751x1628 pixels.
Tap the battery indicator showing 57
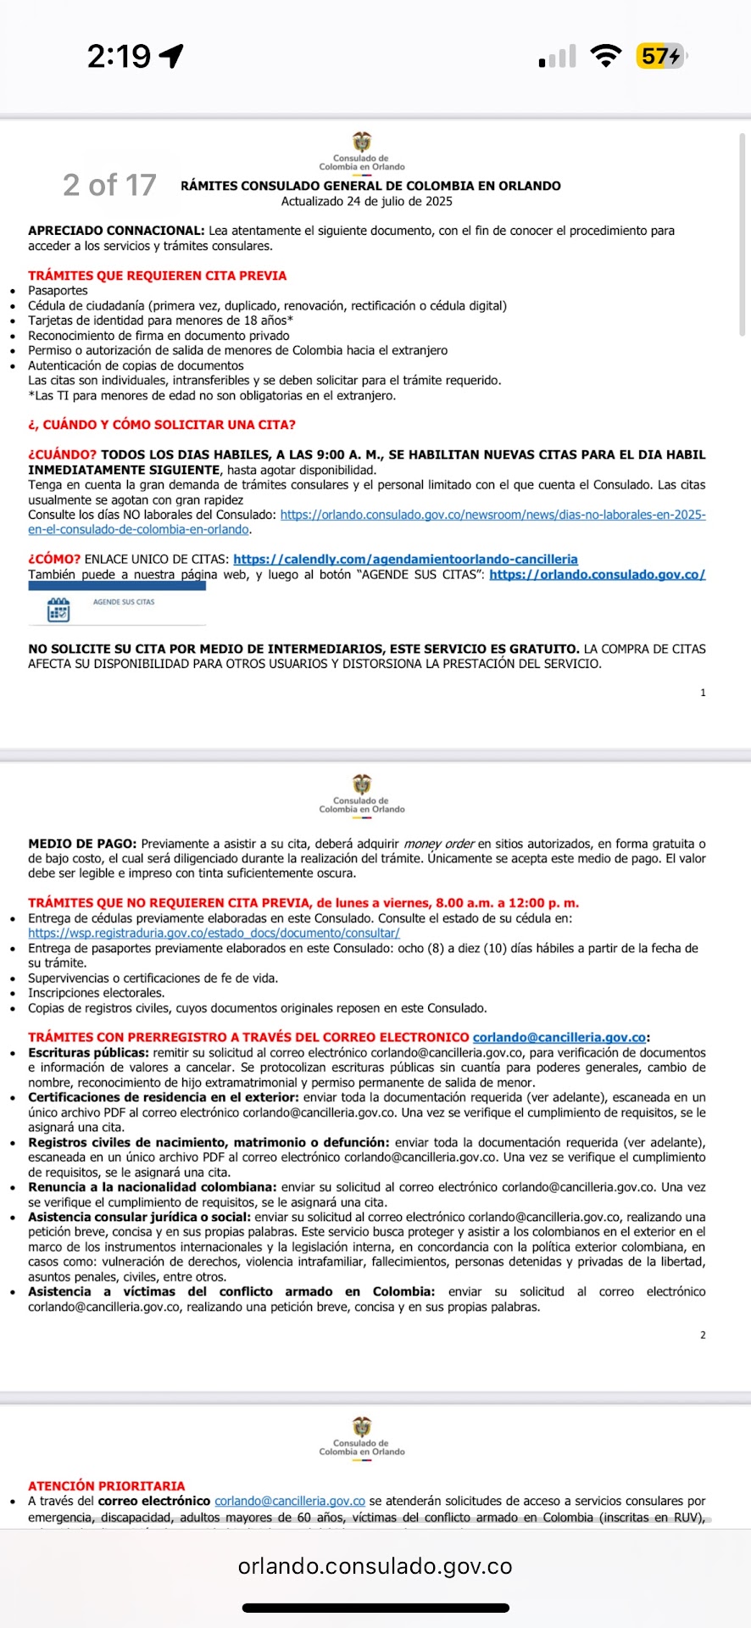pyautogui.click(x=660, y=57)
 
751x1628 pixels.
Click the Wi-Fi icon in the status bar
pyautogui.click(x=605, y=57)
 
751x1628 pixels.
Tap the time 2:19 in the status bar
pyautogui.click(x=119, y=57)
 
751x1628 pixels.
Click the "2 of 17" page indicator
pyautogui.click(x=109, y=185)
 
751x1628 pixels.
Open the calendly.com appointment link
pyautogui.click(x=405, y=560)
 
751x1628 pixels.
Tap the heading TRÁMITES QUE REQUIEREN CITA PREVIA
pyautogui.click(x=157, y=276)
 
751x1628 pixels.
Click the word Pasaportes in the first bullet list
pyautogui.click(x=58, y=291)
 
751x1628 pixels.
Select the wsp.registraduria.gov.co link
pyautogui.click(x=214, y=933)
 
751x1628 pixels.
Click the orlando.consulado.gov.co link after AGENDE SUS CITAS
pyautogui.click(x=597, y=575)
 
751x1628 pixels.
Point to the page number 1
pyautogui.click(x=703, y=693)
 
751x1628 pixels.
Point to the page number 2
pyautogui.click(x=703, y=1335)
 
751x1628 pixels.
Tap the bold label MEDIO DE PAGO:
pyautogui.click(x=82, y=844)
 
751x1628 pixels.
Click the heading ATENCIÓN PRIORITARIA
pyautogui.click(x=106, y=1486)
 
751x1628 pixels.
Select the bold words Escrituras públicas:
pyautogui.click(x=88, y=1052)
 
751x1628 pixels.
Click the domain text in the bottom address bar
pyautogui.click(x=375, y=1566)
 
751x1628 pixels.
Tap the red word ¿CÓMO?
pyautogui.click(x=54, y=560)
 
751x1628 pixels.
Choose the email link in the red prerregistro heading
pyautogui.click(x=559, y=1037)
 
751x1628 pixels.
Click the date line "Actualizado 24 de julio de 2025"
pyautogui.click(x=366, y=202)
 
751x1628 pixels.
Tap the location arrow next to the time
pyautogui.click(x=171, y=57)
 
